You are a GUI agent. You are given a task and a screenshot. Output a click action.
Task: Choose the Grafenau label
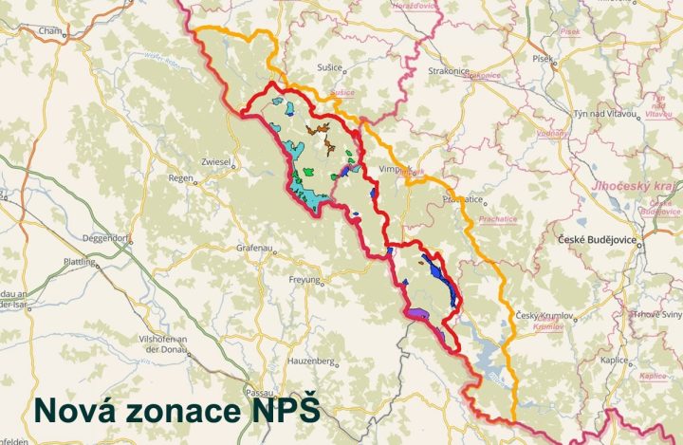click(x=254, y=249)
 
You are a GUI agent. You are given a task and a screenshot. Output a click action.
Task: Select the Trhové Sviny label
click(x=654, y=314)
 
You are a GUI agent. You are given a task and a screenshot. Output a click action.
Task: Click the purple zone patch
click(x=419, y=309)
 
